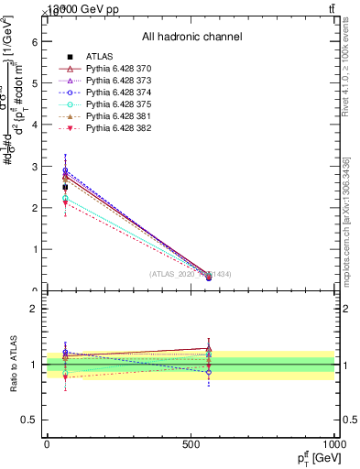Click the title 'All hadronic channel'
coord(191,37)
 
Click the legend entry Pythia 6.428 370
coord(116,69)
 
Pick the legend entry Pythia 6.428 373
coord(116,81)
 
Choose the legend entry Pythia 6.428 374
coord(116,93)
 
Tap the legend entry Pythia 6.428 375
coord(116,104)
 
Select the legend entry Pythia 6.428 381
coord(116,116)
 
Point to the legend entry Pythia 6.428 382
coord(116,128)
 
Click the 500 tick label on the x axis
coord(191,443)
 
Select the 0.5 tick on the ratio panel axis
coord(30,420)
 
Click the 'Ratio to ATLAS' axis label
coord(14,365)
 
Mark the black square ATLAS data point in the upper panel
coord(65,187)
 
